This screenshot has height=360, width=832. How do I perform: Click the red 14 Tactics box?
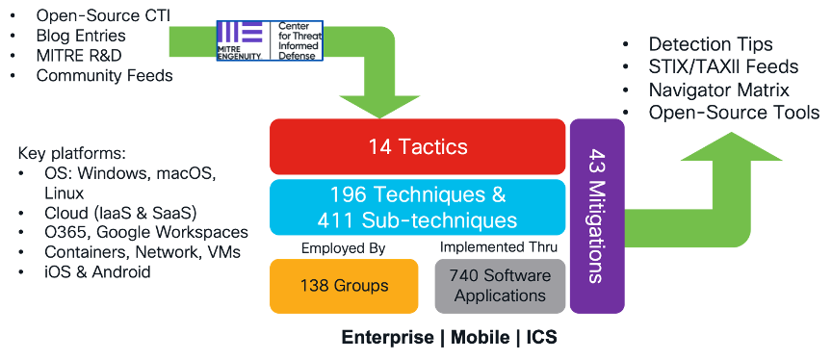[x=417, y=147]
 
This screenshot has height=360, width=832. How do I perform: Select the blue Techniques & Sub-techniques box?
[x=417, y=207]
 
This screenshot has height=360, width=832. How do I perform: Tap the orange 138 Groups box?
[x=344, y=286]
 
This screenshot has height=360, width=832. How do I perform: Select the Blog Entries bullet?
[x=81, y=36]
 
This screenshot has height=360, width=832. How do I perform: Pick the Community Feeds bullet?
[x=104, y=75]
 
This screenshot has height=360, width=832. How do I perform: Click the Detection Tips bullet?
[x=710, y=44]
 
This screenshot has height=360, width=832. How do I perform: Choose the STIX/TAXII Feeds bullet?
[x=723, y=67]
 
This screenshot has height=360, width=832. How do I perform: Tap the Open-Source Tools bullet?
[x=734, y=113]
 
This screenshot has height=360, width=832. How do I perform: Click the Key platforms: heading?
[x=72, y=154]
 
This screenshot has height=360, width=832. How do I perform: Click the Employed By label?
[x=343, y=248]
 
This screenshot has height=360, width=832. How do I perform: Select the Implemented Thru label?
[x=495, y=248]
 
